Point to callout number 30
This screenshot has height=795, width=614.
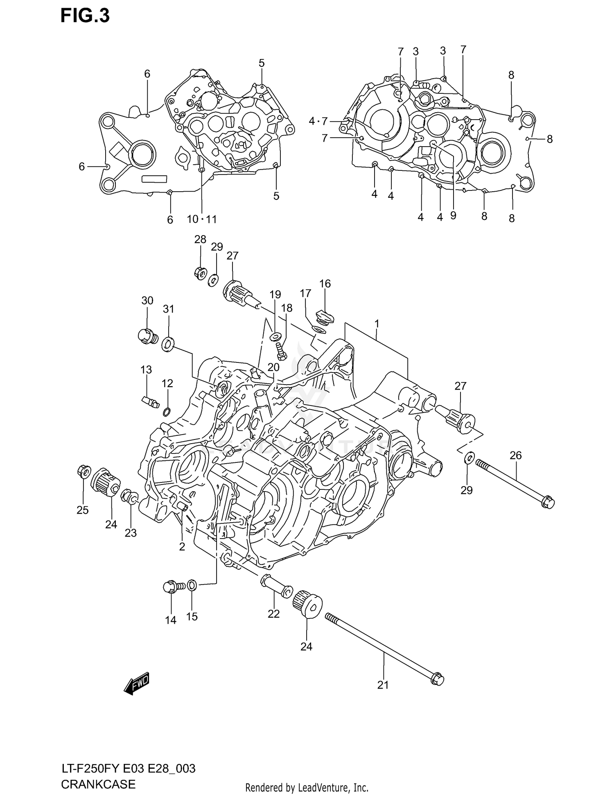coord(147,301)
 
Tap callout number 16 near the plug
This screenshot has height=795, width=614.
coord(325,283)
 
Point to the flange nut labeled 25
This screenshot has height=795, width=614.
coord(83,471)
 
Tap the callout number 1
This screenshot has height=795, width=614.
coord(377,324)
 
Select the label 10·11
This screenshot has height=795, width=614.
coord(202,219)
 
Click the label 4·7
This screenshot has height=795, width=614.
coord(318,121)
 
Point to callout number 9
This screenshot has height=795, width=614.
coord(453,215)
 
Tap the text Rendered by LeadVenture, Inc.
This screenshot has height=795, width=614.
coord(307,787)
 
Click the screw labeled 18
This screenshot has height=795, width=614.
coord(280,350)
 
